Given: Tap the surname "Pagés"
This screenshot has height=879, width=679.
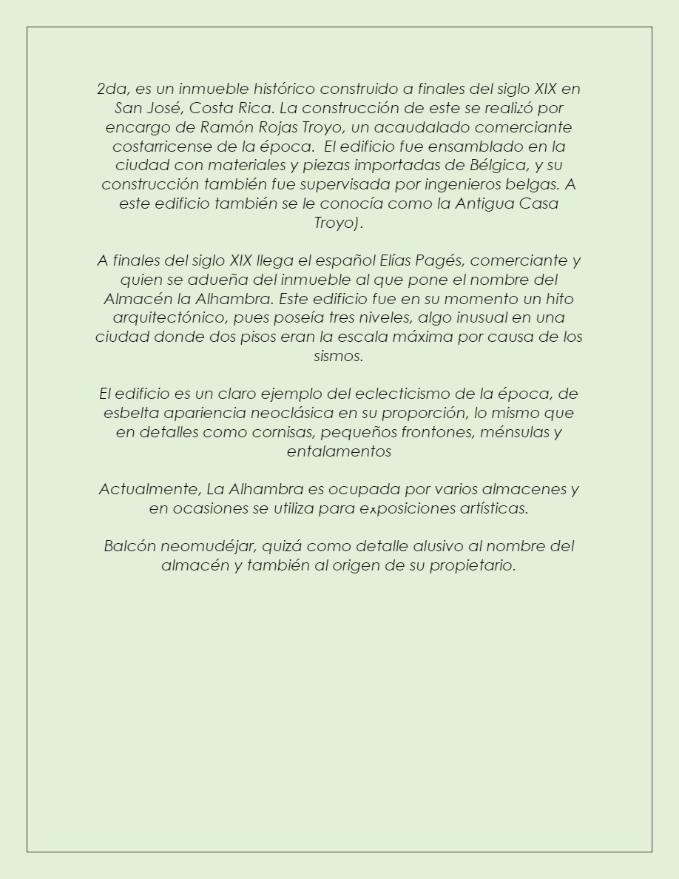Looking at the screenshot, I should (x=441, y=260).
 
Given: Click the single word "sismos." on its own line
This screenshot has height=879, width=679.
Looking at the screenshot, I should (x=339, y=357).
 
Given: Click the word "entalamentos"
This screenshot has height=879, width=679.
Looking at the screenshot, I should (x=339, y=451).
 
